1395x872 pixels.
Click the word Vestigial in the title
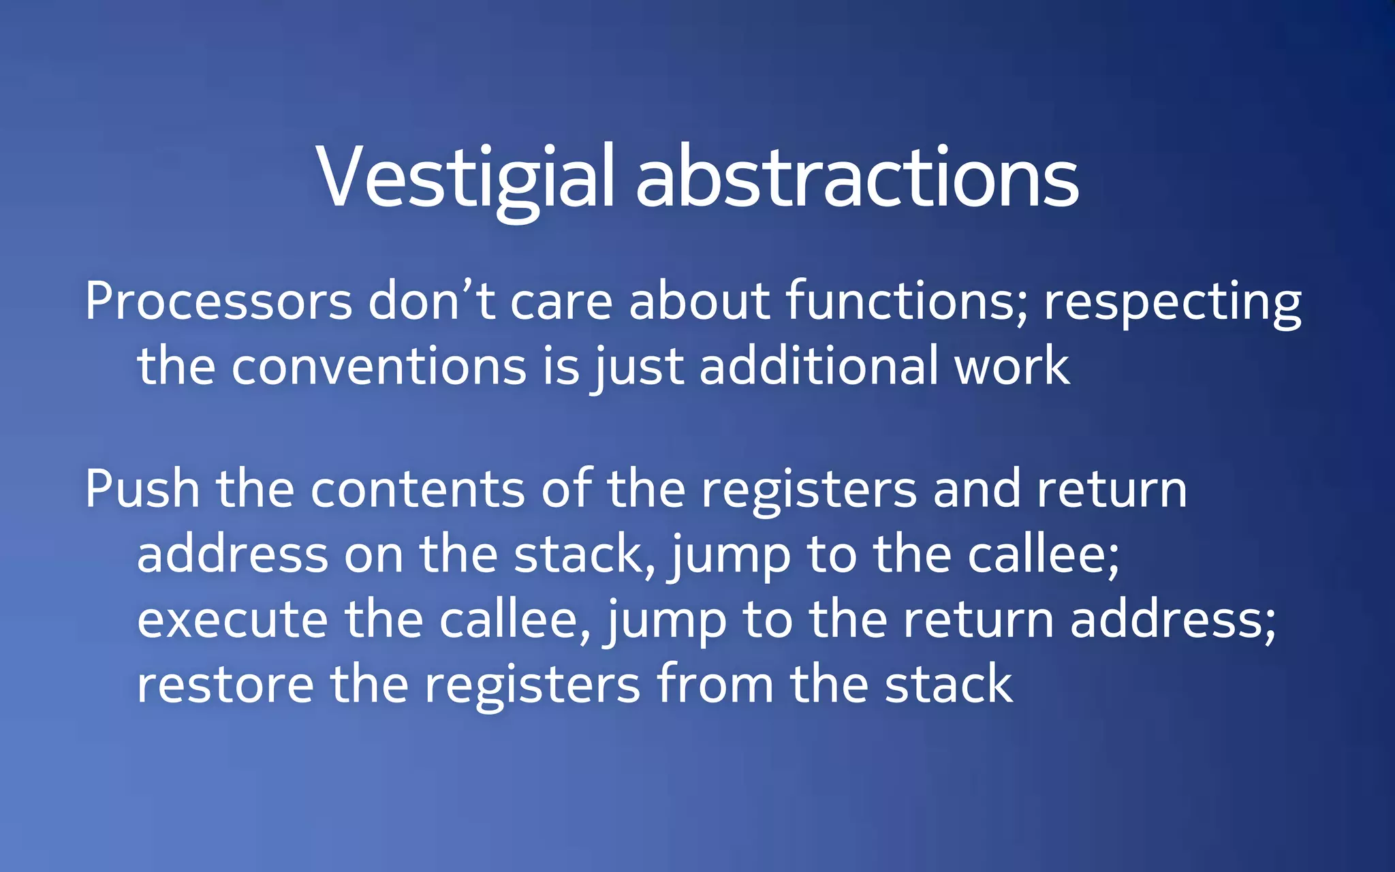point(466,178)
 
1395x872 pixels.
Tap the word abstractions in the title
point(857,178)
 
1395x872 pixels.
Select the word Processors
point(219,301)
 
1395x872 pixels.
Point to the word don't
point(431,301)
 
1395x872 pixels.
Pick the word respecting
point(1172,301)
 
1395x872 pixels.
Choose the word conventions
point(379,367)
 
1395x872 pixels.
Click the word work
point(1012,367)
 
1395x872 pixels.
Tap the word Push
point(142,489)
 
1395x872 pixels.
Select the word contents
point(418,489)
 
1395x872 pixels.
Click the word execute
point(232,620)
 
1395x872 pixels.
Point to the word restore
point(225,685)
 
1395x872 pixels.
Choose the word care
point(561,301)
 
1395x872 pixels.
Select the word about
point(700,301)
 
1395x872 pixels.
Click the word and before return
point(976,489)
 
